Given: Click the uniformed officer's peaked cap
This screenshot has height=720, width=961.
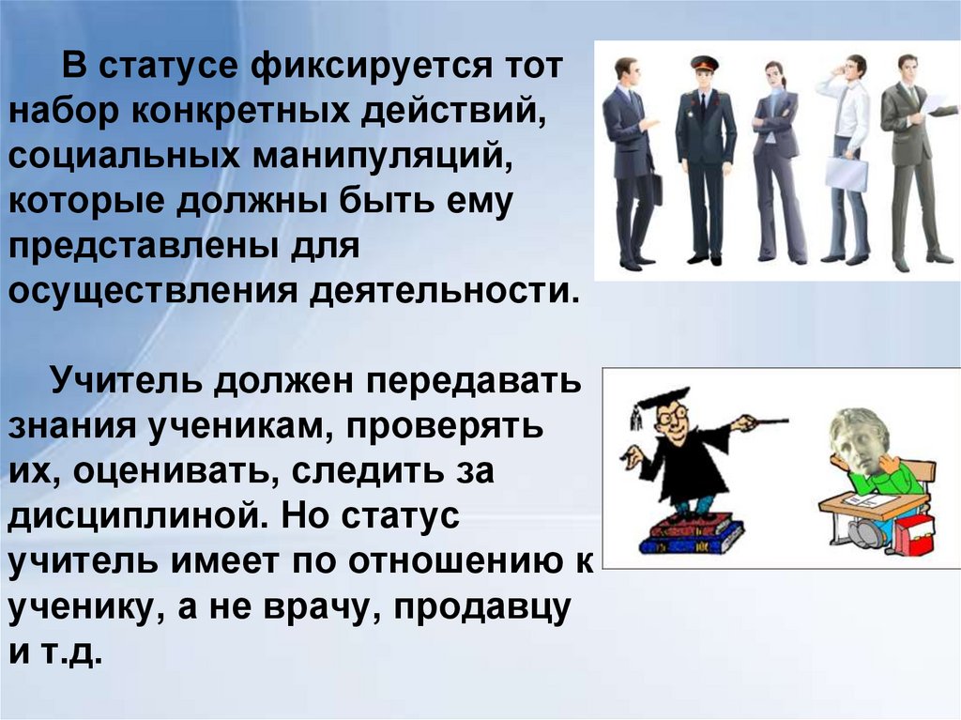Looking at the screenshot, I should pos(704,64).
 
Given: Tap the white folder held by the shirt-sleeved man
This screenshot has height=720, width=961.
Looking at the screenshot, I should pos(846,173).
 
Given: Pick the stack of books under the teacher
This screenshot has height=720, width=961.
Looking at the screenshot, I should pos(690,533).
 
